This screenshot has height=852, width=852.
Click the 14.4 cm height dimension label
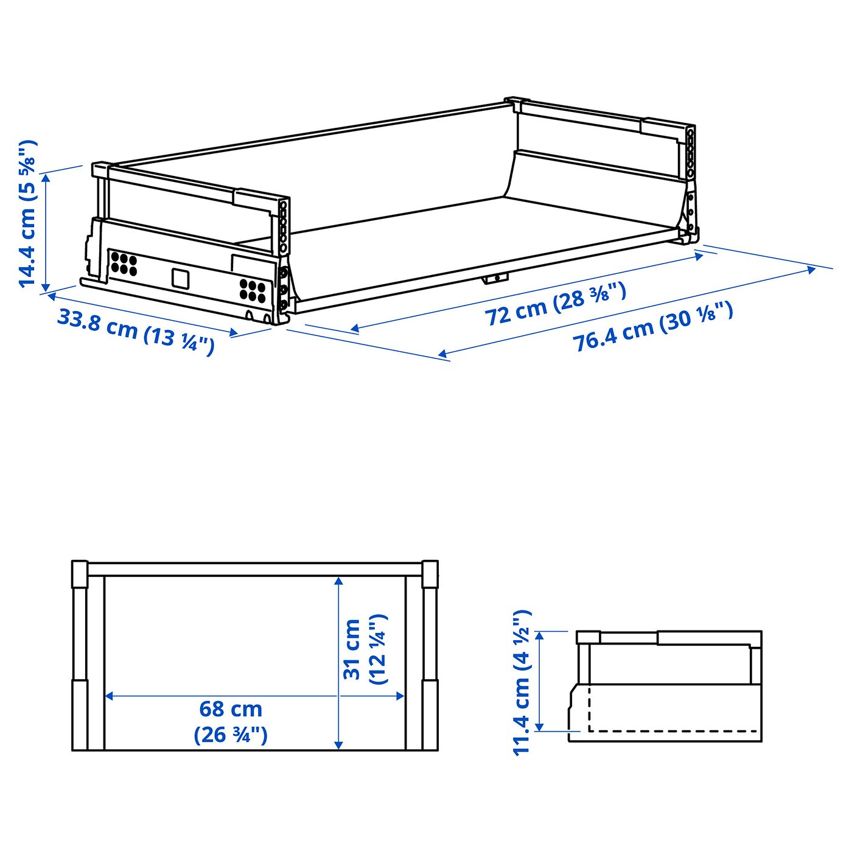pos(28,213)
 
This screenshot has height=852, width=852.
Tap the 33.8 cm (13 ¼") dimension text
pos(136,332)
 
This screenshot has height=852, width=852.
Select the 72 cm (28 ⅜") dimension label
pos(555,303)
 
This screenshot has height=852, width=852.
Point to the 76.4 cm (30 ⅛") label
pos(652,326)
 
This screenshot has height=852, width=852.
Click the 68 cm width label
pos(231,710)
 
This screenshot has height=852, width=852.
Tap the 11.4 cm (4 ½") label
pos(522,682)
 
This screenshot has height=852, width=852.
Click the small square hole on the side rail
pos(180,278)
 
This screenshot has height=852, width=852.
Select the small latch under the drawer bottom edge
pos(495,278)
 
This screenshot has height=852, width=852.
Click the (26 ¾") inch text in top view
pos(231,735)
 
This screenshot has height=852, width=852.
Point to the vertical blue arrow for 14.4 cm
pos(46,231)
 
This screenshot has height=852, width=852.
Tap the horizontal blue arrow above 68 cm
pos(254,696)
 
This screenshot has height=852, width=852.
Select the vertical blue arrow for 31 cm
pos(339,662)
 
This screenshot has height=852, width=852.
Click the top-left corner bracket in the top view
pos(80,573)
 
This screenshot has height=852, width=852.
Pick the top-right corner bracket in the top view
pos(430,573)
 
